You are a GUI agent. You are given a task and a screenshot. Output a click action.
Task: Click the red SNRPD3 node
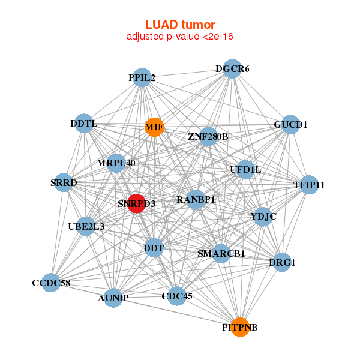(137, 203)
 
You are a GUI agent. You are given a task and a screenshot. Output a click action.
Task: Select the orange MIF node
(154, 127)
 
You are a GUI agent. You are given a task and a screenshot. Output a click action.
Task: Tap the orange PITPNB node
(240, 327)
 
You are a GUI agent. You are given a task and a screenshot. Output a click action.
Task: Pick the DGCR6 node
(232, 69)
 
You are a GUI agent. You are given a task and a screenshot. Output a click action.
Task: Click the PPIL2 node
(142, 78)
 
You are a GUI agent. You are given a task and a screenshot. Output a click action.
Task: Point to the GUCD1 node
(290, 125)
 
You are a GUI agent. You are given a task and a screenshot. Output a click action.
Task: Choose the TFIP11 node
(308, 185)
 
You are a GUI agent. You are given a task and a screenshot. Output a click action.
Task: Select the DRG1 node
(283, 262)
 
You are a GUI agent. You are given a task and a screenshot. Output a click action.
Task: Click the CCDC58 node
(51, 283)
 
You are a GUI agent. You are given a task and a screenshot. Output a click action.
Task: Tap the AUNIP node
(113, 297)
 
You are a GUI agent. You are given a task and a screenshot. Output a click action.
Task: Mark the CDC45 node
(176, 295)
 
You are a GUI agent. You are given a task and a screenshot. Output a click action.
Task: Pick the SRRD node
(64, 182)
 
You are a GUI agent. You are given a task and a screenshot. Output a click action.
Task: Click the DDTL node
(83, 124)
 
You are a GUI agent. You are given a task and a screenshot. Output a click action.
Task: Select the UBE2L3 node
(86, 226)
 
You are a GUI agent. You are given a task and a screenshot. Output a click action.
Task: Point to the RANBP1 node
(196, 199)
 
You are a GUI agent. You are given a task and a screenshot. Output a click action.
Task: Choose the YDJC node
(263, 216)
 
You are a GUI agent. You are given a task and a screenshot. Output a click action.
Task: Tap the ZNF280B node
(208, 137)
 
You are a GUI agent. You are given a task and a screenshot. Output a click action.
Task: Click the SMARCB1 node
(221, 253)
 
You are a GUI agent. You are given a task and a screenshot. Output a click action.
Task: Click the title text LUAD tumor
(180, 25)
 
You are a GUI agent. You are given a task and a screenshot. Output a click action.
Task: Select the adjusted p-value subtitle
(180, 37)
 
